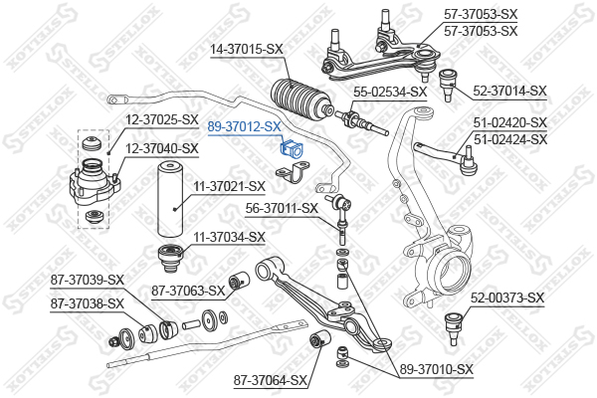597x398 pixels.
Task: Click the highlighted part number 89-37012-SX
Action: (x=244, y=127)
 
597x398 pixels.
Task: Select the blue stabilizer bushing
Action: (x=293, y=149)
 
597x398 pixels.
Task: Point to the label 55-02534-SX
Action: (x=390, y=92)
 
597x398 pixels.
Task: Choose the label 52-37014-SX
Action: (x=509, y=91)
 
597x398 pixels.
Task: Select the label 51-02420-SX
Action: (x=509, y=122)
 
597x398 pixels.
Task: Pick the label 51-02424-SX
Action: (x=509, y=139)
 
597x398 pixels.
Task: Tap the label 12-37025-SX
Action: (x=162, y=119)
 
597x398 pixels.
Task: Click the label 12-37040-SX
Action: (x=162, y=148)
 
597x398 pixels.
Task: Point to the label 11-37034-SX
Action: (x=229, y=237)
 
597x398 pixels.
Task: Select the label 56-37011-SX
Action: (x=282, y=208)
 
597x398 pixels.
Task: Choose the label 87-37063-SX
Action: (x=188, y=291)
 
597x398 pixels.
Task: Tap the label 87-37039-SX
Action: (x=88, y=279)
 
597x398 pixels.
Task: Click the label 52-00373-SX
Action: (x=507, y=298)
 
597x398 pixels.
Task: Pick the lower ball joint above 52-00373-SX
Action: (x=453, y=322)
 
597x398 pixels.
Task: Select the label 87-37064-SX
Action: (x=271, y=379)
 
